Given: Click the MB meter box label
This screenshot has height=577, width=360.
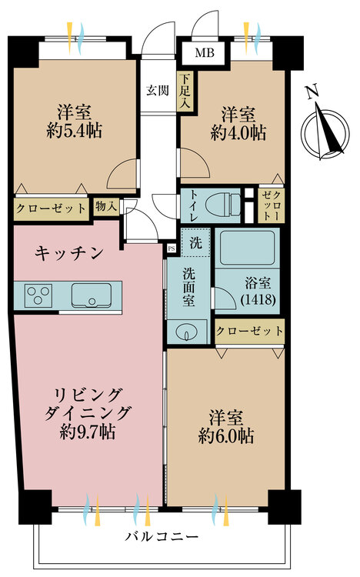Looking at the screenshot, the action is point(205,53).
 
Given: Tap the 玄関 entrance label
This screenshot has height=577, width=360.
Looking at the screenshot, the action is point(158,91).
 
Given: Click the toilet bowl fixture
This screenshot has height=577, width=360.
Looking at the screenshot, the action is point(222,204).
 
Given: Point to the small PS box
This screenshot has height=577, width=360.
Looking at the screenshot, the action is point(172,248).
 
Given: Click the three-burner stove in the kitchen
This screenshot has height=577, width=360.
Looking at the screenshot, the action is point(38,295).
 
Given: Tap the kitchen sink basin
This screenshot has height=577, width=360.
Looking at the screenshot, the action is point(91,295).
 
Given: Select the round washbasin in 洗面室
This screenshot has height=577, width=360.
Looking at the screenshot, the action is point(187,332).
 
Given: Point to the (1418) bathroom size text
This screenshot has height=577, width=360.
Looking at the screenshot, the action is point(258,299).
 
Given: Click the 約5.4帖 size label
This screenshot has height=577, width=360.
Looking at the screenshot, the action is point(75,130).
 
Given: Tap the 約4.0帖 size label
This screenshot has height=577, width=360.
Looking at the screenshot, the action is point(238,132).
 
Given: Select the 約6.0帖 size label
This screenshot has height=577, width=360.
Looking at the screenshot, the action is point(225,435).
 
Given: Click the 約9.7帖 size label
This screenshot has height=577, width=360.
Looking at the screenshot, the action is point(88,432).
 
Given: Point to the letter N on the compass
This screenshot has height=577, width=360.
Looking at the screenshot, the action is point(312,92).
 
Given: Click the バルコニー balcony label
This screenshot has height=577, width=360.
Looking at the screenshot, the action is point(162,536).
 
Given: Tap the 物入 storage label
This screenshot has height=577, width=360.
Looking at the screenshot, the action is point(106,206).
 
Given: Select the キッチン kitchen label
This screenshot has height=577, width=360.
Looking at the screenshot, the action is point(68,254).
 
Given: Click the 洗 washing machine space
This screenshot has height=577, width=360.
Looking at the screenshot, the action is point(195,242).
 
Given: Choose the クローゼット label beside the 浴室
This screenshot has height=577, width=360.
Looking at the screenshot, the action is point(249,331).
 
